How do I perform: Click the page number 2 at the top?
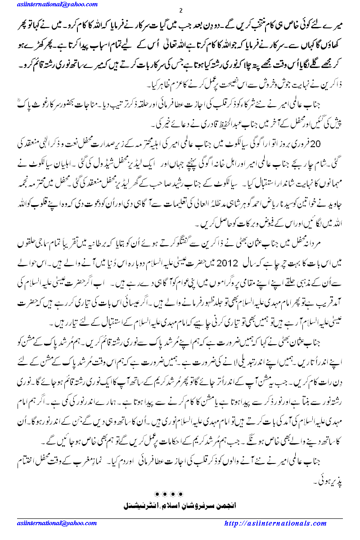pyautogui.click(x=180, y=10)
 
